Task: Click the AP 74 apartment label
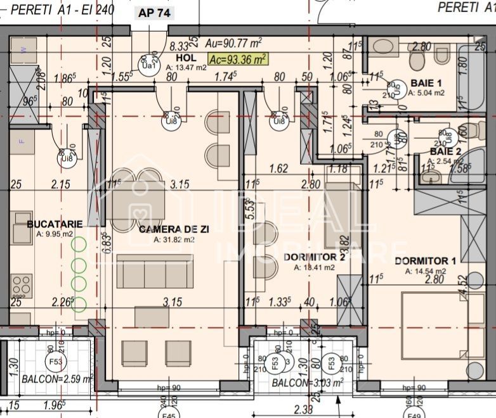coord(154,13)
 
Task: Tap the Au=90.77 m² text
coord(234,44)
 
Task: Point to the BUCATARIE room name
coord(55,224)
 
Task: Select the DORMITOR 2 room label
coord(314,257)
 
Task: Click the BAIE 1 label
coord(426,83)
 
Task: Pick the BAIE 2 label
coord(446,151)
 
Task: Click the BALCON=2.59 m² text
coord(57,379)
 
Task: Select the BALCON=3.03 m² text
coord(307,383)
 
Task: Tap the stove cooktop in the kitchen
coord(22,283)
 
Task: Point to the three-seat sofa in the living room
coord(155,273)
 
